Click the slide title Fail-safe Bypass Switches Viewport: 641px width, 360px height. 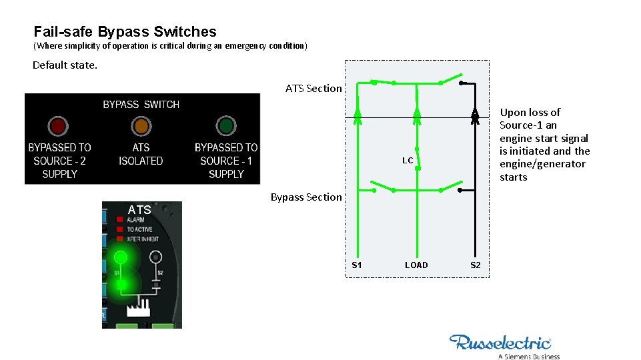[125, 31]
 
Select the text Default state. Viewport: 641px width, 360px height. [65, 65]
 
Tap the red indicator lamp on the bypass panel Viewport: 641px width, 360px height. [58, 126]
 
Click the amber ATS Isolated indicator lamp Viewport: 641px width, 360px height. [141, 126]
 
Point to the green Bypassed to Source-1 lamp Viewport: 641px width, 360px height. [226, 126]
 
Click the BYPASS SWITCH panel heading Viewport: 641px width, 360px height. [141, 105]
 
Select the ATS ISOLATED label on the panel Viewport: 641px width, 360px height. [141, 154]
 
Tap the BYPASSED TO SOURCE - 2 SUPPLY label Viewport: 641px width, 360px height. [59, 161]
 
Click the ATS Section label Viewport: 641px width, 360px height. [313, 88]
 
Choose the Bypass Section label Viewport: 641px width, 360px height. [305, 197]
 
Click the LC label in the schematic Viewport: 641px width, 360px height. [408, 161]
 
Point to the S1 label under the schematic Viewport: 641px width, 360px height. [357, 265]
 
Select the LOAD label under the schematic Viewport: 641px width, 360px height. [416, 265]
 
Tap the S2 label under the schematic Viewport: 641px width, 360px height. [475, 265]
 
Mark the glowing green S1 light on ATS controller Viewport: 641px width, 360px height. [121, 257]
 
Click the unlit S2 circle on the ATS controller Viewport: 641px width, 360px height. [155, 256]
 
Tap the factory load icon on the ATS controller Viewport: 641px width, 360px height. [139, 309]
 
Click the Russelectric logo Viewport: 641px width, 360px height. [500, 343]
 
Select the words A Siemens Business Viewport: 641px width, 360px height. [529, 356]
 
